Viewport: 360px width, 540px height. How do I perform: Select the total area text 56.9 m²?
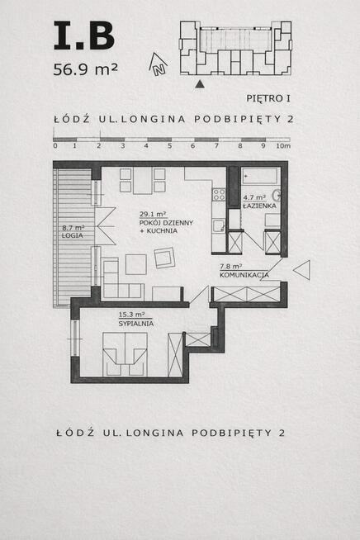[85, 69]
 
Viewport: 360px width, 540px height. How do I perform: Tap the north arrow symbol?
[157, 63]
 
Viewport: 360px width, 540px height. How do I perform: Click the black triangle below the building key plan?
[199, 83]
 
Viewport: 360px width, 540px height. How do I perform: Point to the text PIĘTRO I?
[270, 98]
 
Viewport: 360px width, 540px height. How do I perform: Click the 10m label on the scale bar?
[285, 145]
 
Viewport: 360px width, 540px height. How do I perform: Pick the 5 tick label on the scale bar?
[169, 145]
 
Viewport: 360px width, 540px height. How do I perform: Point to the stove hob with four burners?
[219, 195]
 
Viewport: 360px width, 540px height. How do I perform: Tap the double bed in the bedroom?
[125, 353]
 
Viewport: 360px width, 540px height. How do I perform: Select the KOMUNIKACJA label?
[244, 271]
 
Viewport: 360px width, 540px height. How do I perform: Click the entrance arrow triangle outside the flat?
[302, 269]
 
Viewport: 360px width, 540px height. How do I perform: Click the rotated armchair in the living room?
[164, 258]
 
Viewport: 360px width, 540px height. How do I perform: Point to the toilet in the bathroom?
[277, 197]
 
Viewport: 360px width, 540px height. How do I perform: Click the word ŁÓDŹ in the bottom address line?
[72, 433]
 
